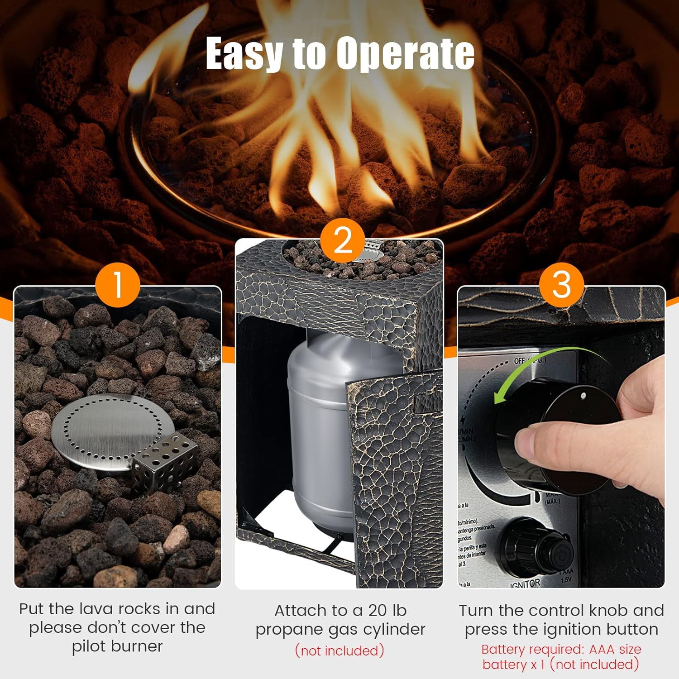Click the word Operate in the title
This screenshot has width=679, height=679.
405,53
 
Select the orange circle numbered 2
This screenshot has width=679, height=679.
343,240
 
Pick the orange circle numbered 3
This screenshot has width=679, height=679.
561,285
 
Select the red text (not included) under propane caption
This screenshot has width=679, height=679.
339,651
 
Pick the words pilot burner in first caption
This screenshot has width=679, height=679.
117,646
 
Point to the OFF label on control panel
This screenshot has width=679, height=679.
519,361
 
